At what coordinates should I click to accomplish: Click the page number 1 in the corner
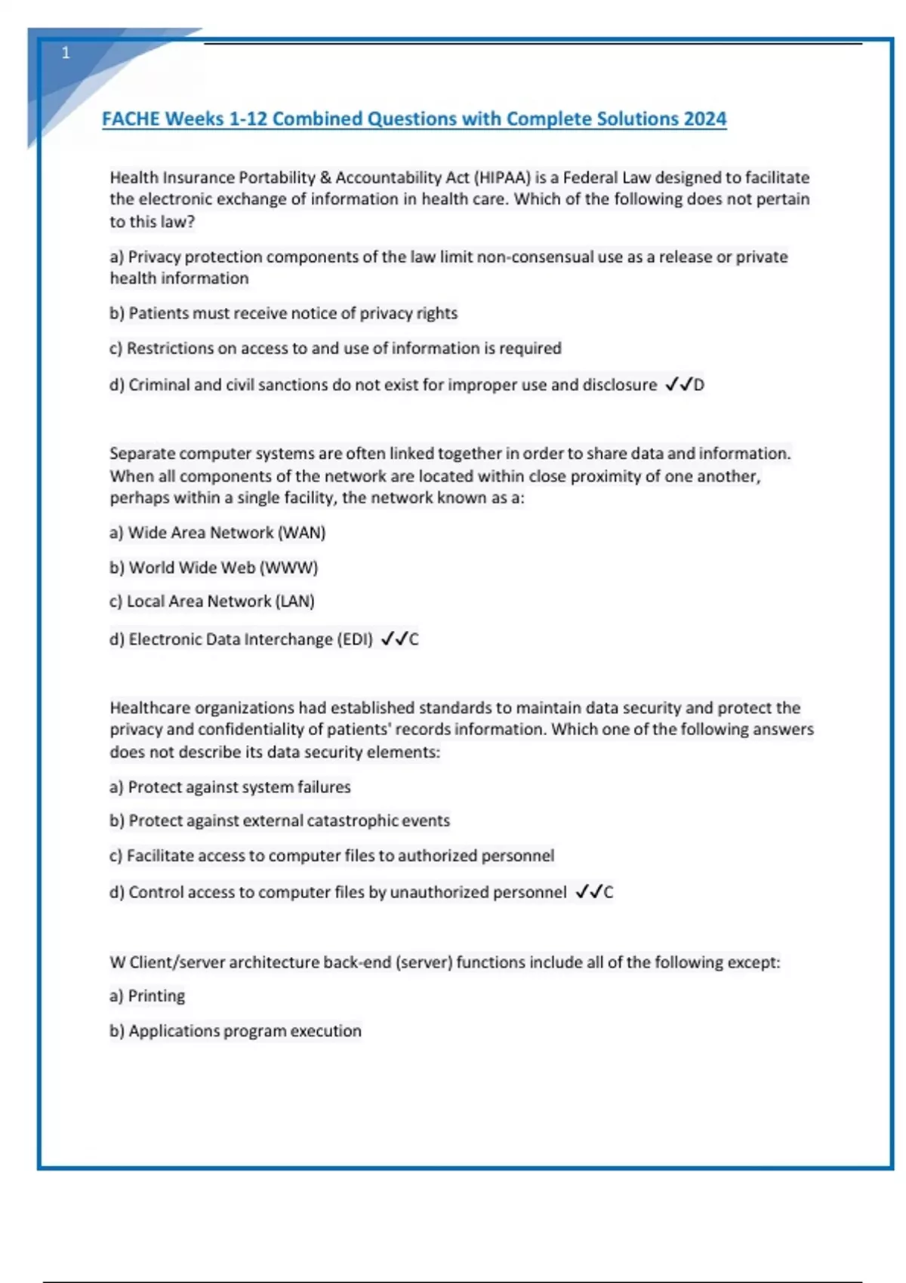click(66, 53)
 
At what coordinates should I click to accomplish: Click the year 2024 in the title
click(704, 119)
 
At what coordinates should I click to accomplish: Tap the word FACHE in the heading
click(131, 119)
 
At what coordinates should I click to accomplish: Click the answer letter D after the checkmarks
click(699, 385)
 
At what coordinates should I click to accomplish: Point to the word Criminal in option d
click(159, 385)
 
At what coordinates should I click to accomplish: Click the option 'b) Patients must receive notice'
click(283, 313)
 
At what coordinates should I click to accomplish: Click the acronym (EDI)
click(354, 639)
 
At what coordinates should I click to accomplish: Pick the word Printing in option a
click(156, 996)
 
